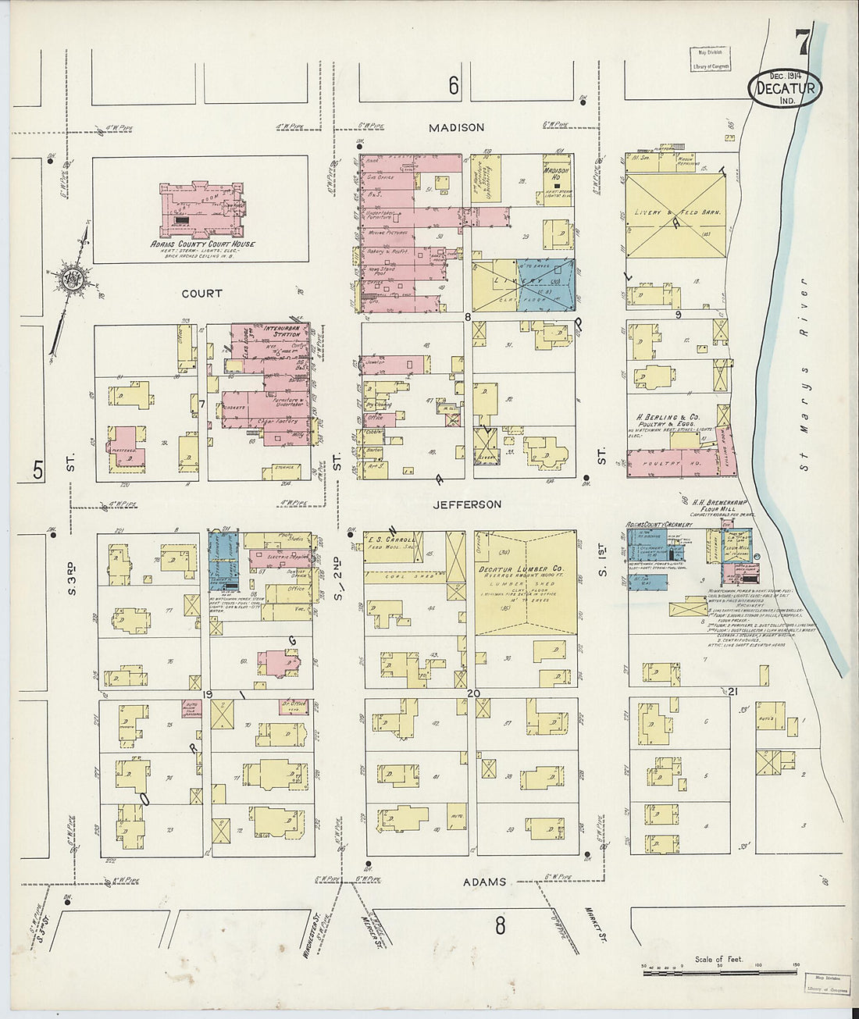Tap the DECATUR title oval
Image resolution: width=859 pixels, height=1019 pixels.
[786, 88]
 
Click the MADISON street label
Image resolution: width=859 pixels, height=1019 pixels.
[457, 127]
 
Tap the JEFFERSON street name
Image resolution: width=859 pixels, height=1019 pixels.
[467, 504]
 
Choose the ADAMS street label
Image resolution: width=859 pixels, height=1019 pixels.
[484, 882]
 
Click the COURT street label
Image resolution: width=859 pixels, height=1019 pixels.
[201, 294]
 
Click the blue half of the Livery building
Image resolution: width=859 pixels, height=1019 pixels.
[547, 285]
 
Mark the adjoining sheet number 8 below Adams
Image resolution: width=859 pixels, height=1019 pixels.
[500, 926]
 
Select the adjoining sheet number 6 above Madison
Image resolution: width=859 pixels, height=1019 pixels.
[454, 87]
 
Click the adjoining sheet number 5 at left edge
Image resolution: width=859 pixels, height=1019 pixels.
[37, 469]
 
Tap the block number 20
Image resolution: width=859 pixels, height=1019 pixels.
[472, 693]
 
